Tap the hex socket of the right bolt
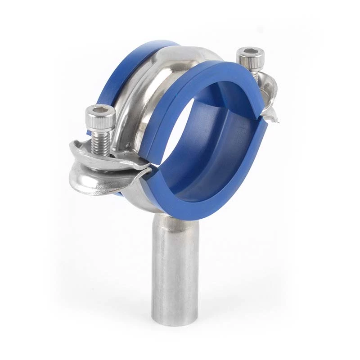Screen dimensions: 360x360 pos(250,54)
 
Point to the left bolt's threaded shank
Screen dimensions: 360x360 pos(100,143)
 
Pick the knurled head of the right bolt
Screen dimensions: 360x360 pos(250,61)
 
